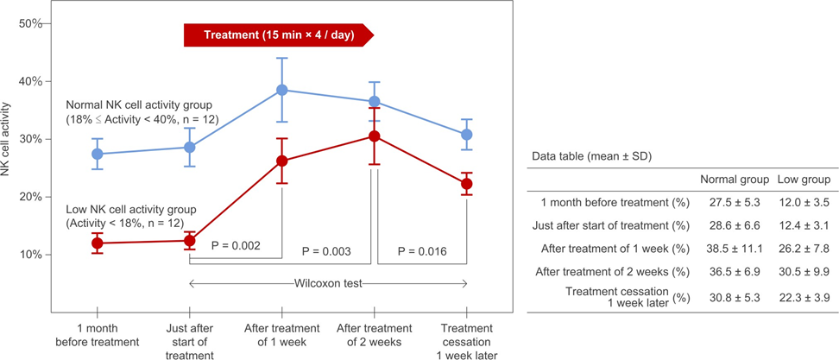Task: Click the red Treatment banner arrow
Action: pyautogui.click(x=278, y=35)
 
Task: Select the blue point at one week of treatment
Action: pyautogui.click(x=281, y=90)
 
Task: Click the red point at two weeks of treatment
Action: pyautogui.click(x=374, y=136)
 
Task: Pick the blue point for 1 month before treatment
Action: pyautogui.click(x=98, y=154)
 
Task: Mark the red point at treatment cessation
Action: pyautogui.click(x=467, y=184)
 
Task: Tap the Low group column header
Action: pyautogui.click(x=803, y=180)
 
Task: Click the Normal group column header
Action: pyautogui.click(x=734, y=180)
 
